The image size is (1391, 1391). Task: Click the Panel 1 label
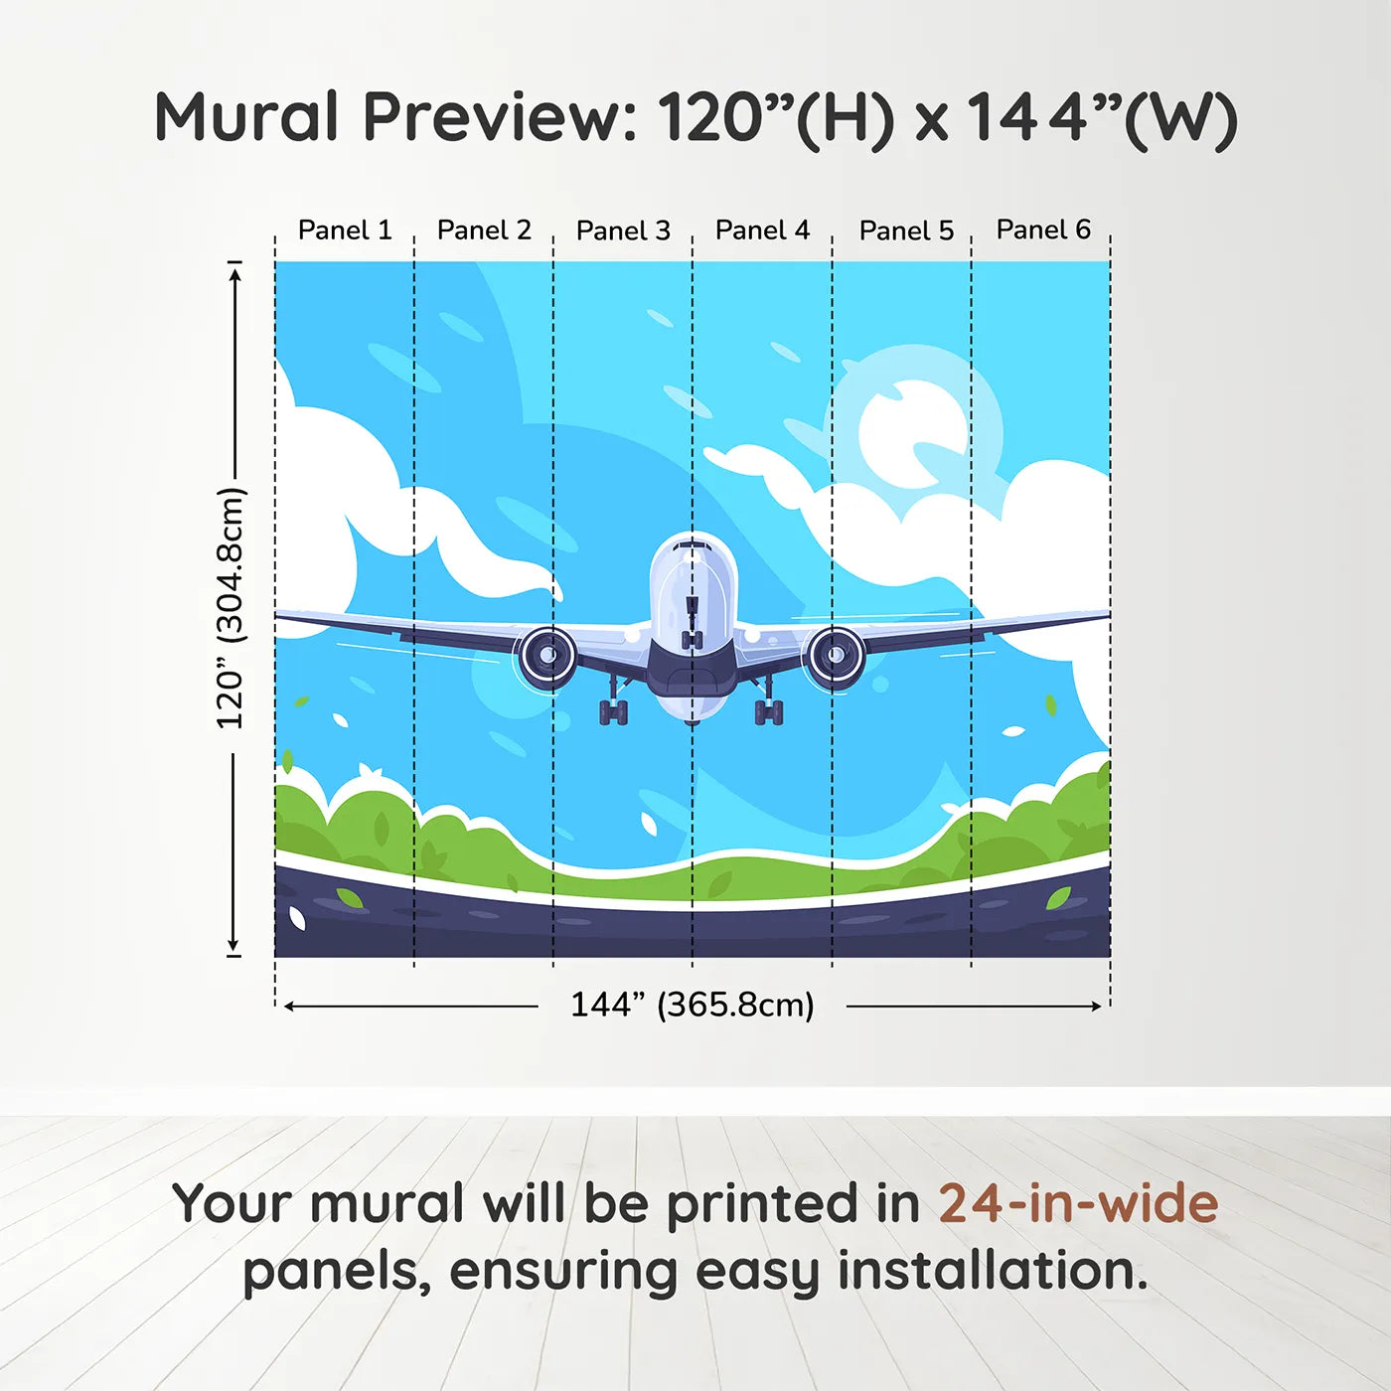(x=345, y=231)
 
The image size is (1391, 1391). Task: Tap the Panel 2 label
(x=484, y=231)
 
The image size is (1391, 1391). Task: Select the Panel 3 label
(x=623, y=231)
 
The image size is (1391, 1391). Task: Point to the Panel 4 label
(x=762, y=231)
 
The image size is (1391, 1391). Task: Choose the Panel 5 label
(x=906, y=231)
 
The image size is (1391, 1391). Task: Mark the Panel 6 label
(x=1043, y=230)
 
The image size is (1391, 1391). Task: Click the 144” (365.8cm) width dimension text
(x=692, y=1005)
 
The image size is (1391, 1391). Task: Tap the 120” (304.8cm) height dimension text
(x=230, y=608)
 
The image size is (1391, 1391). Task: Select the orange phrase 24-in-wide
(x=1078, y=1203)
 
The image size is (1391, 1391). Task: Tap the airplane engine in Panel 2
(x=545, y=656)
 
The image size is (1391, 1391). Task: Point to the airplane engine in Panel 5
(x=835, y=656)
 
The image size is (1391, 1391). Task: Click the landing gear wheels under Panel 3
(x=613, y=711)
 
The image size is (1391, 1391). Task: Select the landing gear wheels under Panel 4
(x=769, y=711)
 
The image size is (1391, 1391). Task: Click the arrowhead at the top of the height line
(x=234, y=272)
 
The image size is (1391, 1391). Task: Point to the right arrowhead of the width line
(x=1096, y=1006)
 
